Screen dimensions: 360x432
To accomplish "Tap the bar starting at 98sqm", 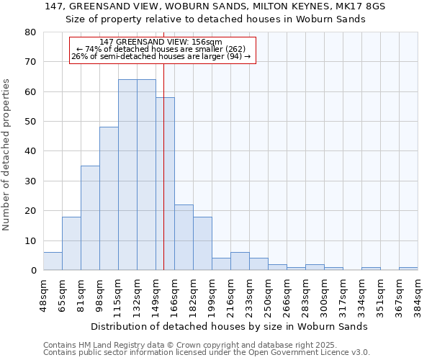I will (109, 199).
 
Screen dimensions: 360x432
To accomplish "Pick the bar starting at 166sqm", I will (184, 238).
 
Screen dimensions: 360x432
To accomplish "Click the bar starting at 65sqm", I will (71, 243).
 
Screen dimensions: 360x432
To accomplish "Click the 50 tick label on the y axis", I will (30, 122).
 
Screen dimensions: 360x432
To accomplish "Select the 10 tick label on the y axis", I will (30, 241).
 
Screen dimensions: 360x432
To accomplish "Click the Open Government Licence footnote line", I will (207, 353).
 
